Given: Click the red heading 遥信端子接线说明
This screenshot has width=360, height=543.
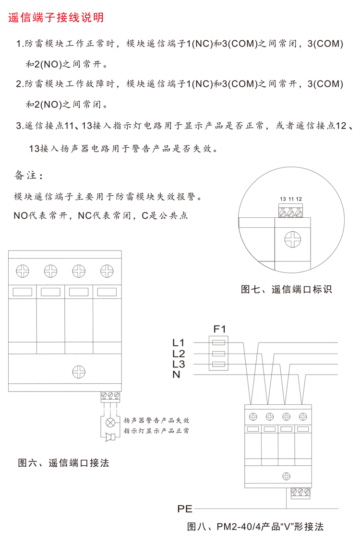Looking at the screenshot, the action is [56, 17].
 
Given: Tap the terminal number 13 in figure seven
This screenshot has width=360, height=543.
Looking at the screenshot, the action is [283, 199].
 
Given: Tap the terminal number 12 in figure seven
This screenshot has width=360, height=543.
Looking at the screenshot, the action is [299, 199].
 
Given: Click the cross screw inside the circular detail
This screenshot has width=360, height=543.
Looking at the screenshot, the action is [292, 239].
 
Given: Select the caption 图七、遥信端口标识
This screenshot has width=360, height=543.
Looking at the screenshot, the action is [286, 289].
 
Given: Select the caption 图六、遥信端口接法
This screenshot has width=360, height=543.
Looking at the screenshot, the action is [63, 463].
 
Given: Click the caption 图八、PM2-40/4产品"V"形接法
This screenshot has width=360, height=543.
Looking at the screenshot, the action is [255, 526].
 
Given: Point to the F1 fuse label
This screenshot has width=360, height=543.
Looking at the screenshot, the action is [219, 329].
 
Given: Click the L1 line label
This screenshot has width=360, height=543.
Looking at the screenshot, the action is [179, 342].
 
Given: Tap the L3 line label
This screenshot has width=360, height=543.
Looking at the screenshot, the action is [179, 364].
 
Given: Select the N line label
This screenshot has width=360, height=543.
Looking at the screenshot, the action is [176, 374].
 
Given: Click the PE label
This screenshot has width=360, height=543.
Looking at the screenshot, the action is [185, 509].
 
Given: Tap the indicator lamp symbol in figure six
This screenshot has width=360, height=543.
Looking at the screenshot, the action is [110, 423].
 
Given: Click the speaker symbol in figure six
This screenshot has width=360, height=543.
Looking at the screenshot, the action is [111, 437].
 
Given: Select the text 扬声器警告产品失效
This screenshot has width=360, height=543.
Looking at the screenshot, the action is [156, 420].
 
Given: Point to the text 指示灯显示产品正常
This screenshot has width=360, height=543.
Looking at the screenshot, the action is [156, 431].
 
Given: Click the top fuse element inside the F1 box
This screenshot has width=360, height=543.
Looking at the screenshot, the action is [218, 343].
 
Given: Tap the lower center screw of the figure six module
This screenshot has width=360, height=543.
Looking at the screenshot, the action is [79, 372].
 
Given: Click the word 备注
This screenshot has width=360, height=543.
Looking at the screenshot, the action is [25, 175].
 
